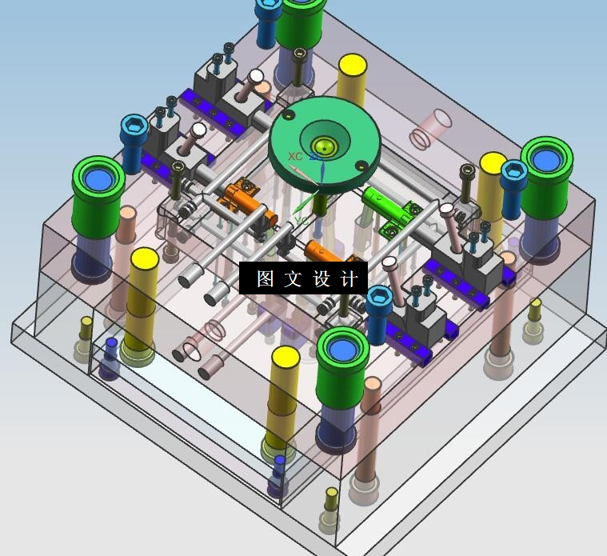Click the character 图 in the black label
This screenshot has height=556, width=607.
tap(266, 278)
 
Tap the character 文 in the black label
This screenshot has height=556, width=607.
tap(293, 278)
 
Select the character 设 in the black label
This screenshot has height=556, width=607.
tap(321, 278)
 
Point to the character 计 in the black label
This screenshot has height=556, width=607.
tap(349, 278)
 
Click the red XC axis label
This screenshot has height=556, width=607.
tap(295, 157)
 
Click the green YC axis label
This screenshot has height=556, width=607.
tap(302, 221)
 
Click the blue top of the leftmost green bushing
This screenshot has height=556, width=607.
tap(98, 179)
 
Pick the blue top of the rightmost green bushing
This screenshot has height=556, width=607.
tap(546, 159)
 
